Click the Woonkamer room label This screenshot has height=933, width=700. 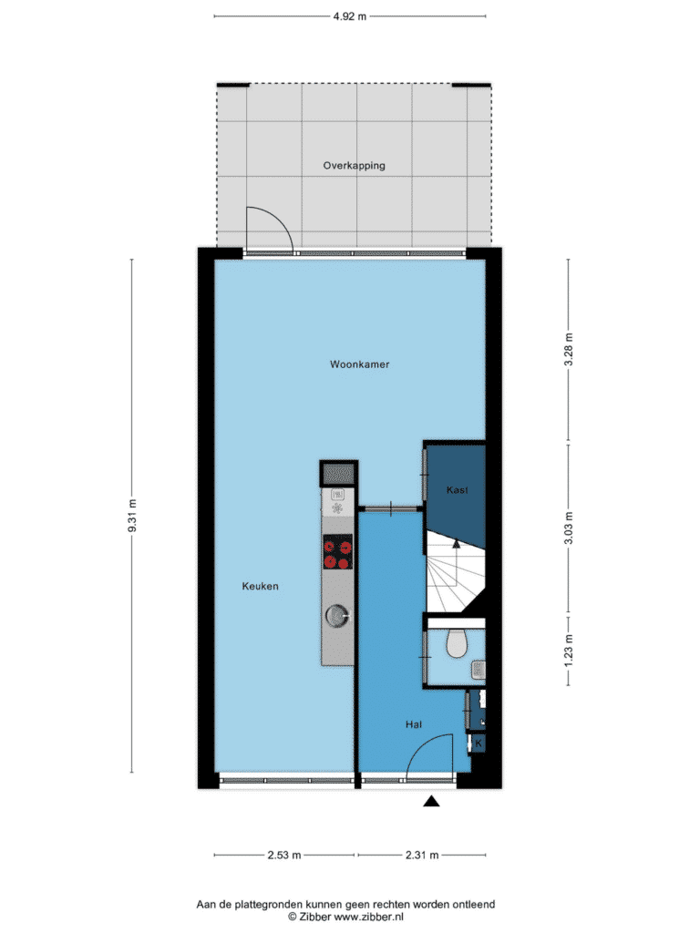[359, 364]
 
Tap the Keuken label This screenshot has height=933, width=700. [260, 586]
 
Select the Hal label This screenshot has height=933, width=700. [414, 724]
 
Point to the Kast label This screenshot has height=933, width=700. [458, 489]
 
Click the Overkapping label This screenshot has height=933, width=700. [355, 166]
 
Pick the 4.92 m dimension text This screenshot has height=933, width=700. [349, 16]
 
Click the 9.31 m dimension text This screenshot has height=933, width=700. [133, 516]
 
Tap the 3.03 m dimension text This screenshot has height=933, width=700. [569, 528]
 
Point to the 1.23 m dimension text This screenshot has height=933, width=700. [569, 650]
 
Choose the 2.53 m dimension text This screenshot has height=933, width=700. [284, 855]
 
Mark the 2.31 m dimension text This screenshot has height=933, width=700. [422, 855]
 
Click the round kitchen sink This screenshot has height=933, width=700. [337, 616]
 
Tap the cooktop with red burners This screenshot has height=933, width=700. [338, 552]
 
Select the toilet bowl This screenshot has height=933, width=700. [457, 643]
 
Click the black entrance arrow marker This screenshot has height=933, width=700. [431, 802]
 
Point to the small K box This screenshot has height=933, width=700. [478, 743]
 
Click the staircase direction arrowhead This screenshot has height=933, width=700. [457, 543]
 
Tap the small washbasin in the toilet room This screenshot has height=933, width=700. [479, 670]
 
